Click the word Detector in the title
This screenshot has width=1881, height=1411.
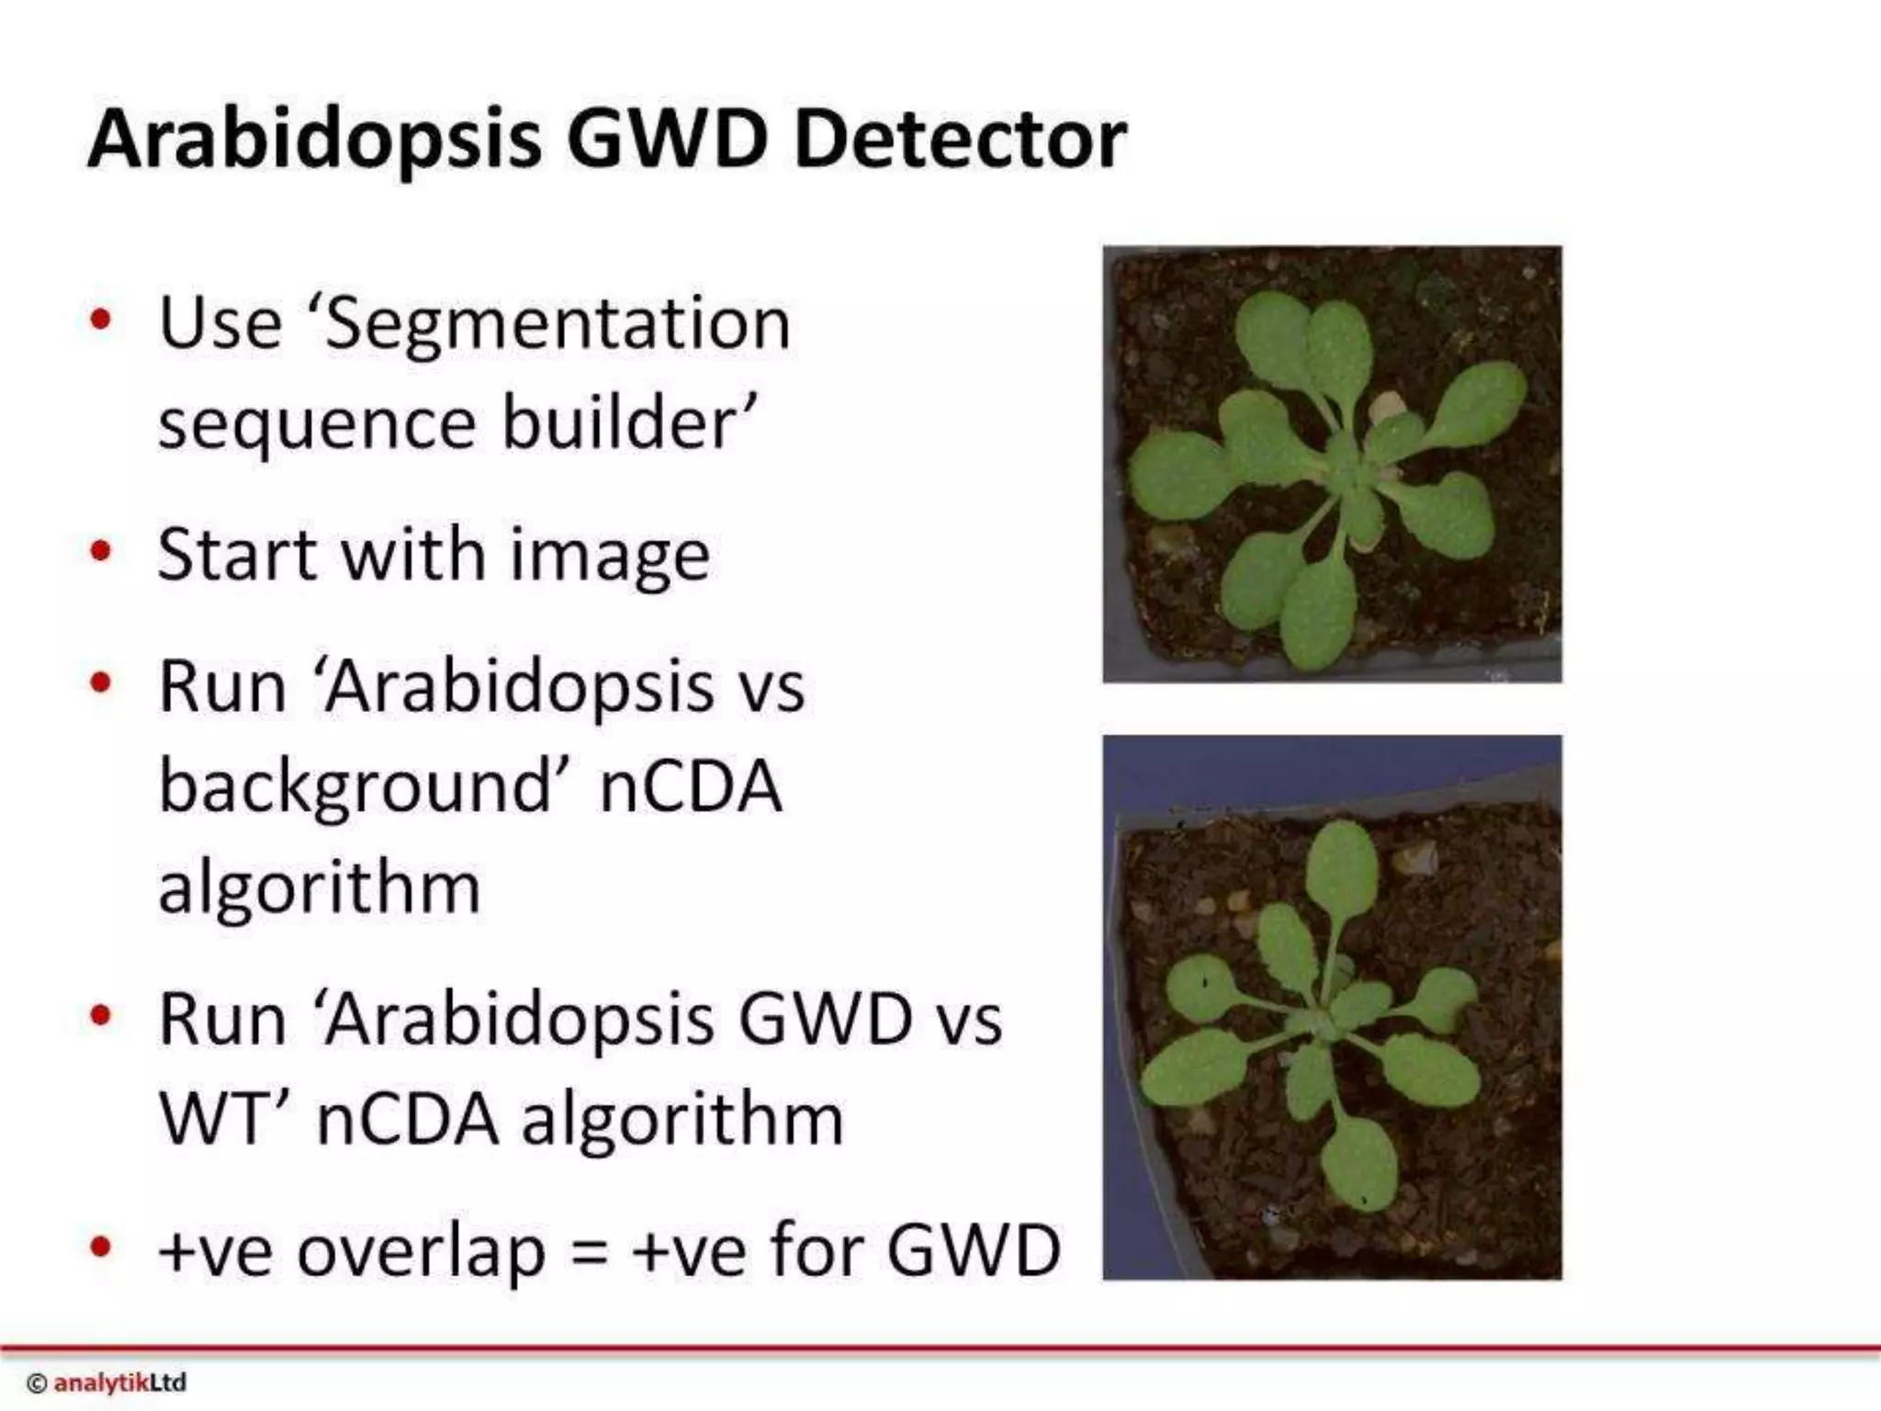pyautogui.click(x=959, y=140)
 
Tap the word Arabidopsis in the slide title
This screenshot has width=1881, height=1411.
pyautogui.click(x=314, y=140)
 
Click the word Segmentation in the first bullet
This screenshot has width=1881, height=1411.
pyautogui.click(x=557, y=323)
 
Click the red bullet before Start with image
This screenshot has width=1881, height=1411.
pyautogui.click(x=101, y=551)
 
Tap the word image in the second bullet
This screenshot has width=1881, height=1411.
pyautogui.click(x=610, y=557)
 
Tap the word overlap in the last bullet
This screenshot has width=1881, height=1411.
pyautogui.click(x=421, y=1253)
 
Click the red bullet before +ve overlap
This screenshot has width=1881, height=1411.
pyautogui.click(x=101, y=1247)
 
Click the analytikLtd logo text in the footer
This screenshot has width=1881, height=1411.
pyautogui.click(x=119, y=1383)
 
